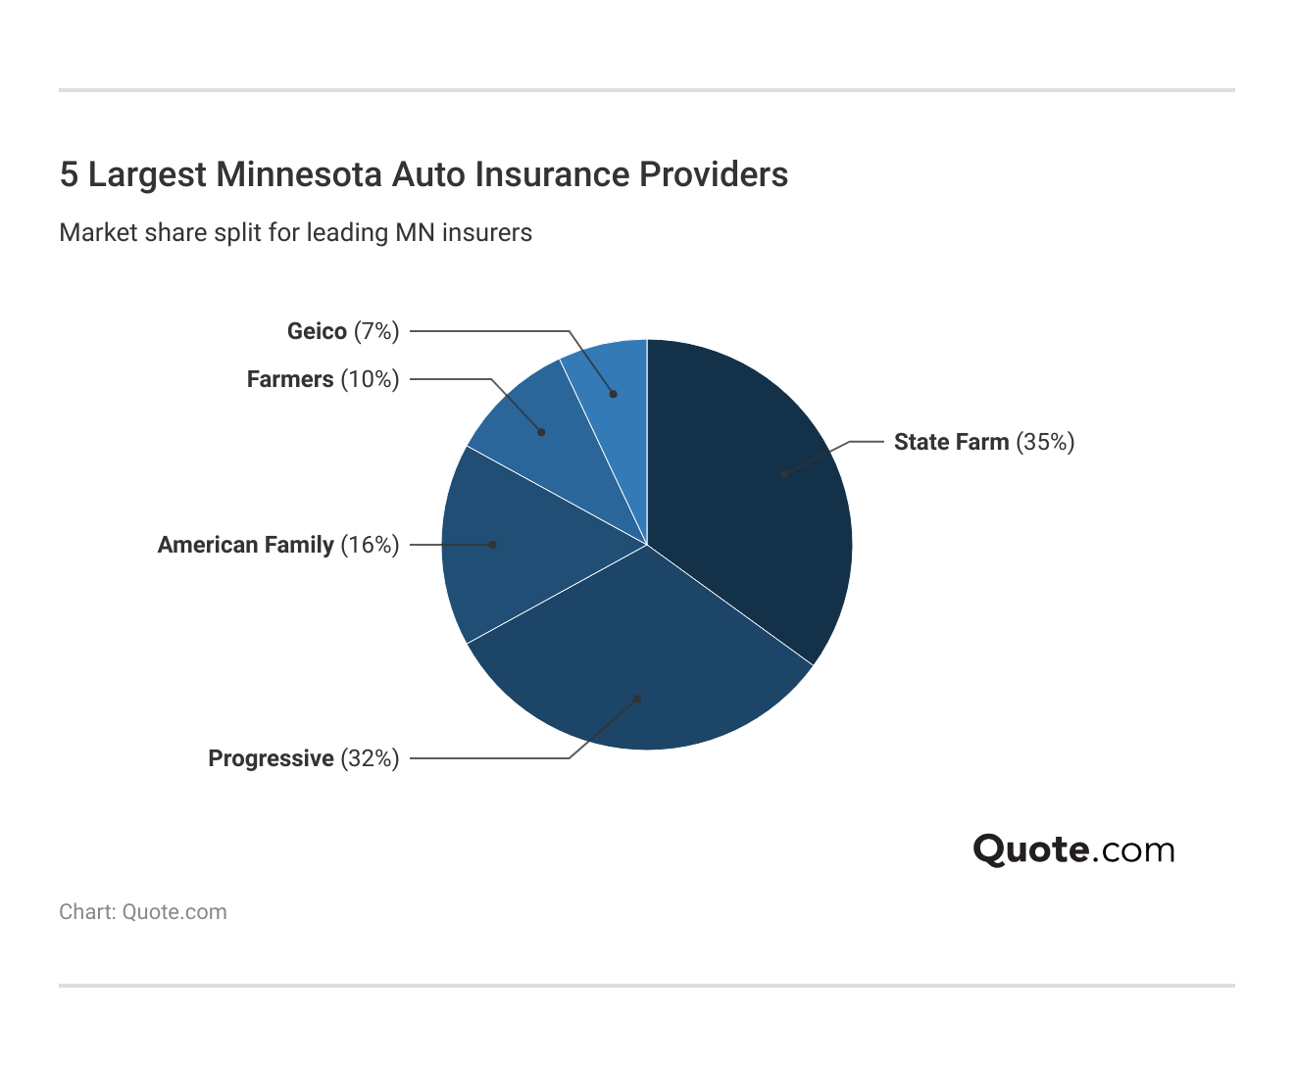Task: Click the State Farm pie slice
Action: pos(755,490)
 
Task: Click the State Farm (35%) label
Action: pos(983,442)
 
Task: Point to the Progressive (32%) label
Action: pos(304,758)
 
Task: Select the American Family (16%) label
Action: pos(278,545)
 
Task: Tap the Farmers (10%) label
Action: pos(323,379)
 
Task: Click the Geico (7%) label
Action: pos(343,331)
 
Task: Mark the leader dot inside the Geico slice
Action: pos(614,394)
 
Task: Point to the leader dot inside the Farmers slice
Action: pos(542,432)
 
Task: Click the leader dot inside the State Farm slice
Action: pos(784,474)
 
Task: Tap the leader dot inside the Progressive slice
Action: pos(637,699)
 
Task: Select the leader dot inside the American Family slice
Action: pos(492,544)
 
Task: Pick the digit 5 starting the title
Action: pos(69,174)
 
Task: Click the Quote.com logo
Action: pos(1073,849)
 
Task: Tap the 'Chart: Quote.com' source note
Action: pos(143,912)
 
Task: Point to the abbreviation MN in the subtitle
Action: pos(415,233)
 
